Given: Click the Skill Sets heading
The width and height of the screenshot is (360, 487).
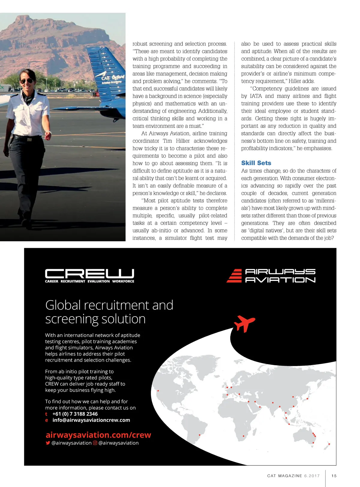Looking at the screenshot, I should point(256,163).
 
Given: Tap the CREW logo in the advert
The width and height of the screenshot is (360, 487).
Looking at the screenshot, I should point(89,274).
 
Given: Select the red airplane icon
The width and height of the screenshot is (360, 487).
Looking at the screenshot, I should point(244,323).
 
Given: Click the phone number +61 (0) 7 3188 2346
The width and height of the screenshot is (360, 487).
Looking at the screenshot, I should point(75,414).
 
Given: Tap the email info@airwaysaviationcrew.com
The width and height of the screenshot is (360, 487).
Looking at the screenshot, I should point(91,420).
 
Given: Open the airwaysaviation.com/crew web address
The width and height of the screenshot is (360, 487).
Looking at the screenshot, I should point(98,435).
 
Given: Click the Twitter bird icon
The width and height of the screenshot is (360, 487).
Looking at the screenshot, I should point(48,443).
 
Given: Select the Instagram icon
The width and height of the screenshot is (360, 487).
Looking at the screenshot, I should point(95,443).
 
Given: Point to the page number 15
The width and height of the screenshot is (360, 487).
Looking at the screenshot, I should point(334,476).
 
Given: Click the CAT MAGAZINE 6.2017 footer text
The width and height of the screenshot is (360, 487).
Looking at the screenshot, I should point(293,476).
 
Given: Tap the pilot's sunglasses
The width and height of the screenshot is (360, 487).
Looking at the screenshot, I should point(27,81).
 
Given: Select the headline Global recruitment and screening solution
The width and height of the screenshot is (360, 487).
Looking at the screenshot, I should point(109,312).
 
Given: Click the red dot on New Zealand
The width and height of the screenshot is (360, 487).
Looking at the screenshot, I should point(329,444).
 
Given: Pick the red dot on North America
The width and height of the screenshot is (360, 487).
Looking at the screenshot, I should point(158,391).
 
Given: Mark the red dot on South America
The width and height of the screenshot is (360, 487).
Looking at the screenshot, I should point(199,435).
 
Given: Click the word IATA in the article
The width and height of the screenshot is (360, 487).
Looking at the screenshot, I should point(256,96).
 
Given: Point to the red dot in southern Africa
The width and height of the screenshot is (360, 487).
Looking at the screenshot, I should point(243,436).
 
